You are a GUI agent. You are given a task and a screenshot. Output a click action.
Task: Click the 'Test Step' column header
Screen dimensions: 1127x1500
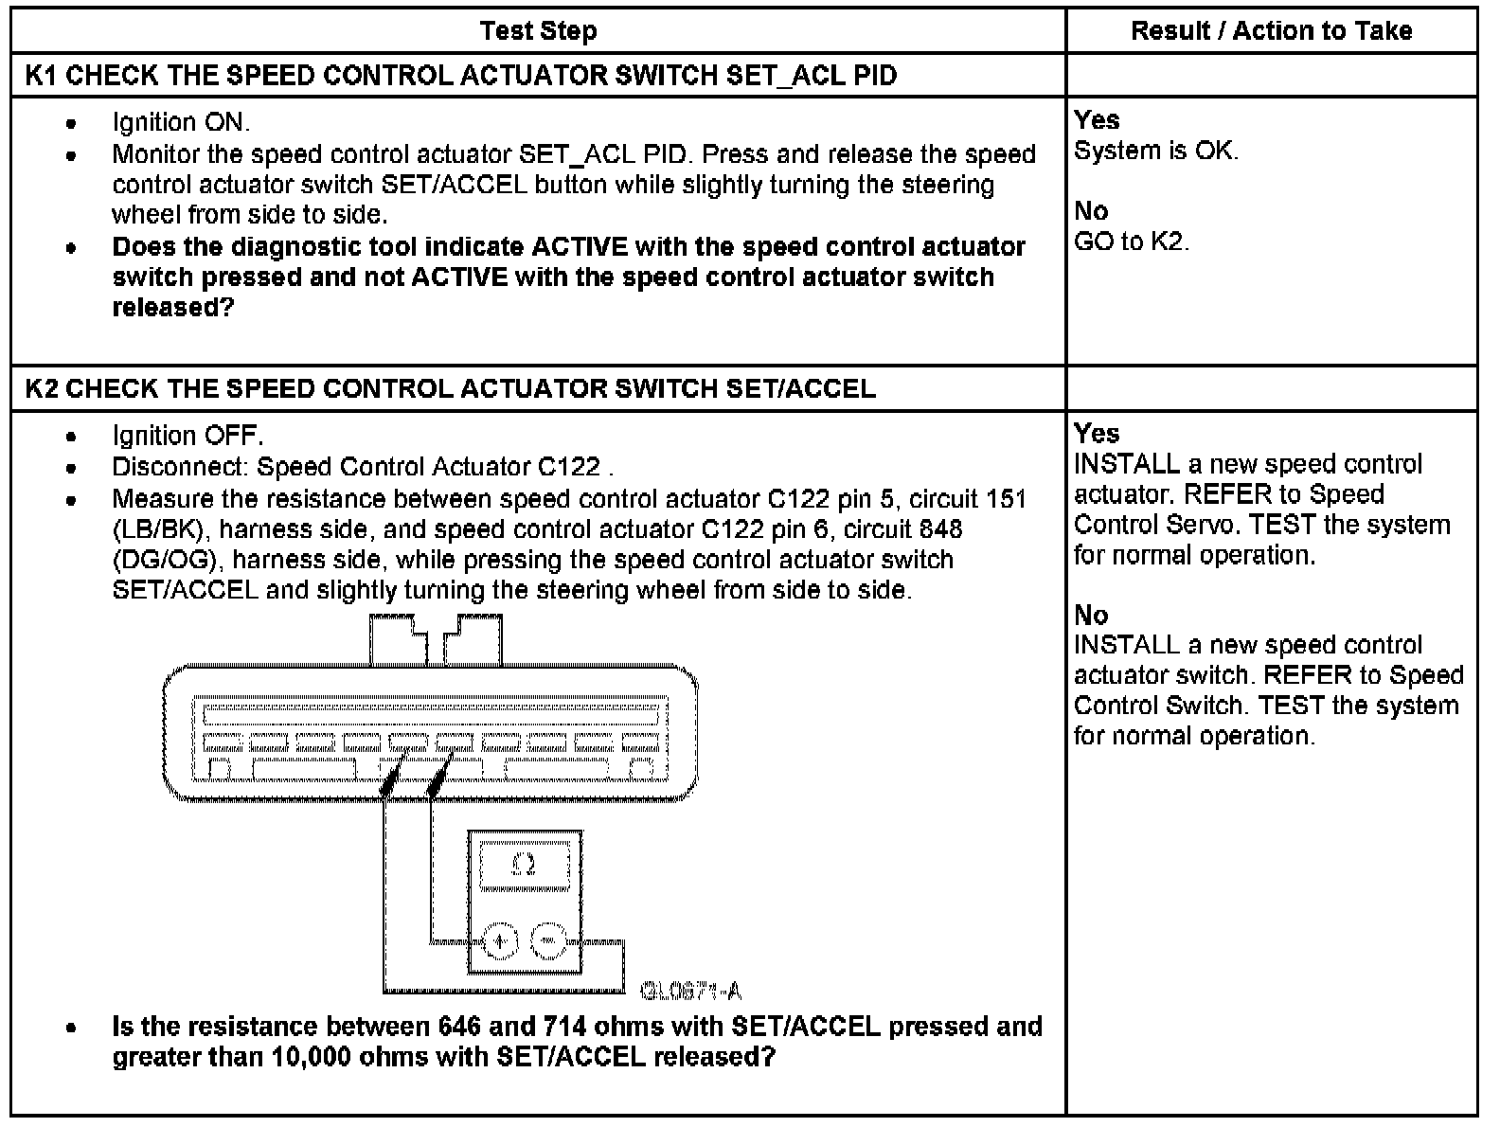click(538, 31)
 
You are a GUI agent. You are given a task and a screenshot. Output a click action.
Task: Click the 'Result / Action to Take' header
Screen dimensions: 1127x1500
click(1271, 31)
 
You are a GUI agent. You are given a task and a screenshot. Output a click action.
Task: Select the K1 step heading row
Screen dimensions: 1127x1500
click(461, 76)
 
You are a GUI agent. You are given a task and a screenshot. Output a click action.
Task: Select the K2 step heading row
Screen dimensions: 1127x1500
click(451, 388)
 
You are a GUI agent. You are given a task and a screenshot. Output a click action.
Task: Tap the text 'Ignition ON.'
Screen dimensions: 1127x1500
click(181, 122)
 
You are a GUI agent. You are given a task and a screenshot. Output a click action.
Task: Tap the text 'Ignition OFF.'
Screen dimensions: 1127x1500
click(187, 436)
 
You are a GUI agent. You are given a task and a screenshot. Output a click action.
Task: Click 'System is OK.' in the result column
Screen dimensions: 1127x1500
click(1156, 151)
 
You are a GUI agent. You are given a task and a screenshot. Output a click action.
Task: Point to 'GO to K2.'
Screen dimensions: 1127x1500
click(1132, 241)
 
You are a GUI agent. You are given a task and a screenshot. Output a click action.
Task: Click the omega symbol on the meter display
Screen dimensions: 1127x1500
click(524, 866)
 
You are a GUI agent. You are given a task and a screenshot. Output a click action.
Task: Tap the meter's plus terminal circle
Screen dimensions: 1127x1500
click(499, 941)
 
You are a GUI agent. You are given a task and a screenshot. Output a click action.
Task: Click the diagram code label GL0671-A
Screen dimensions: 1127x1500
click(690, 992)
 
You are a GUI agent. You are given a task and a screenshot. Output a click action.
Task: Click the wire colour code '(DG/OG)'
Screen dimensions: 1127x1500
click(164, 560)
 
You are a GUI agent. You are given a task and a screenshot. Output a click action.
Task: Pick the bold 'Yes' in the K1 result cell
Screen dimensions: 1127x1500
click(1097, 120)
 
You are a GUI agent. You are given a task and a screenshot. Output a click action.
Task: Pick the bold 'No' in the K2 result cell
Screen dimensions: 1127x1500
click(1091, 616)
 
